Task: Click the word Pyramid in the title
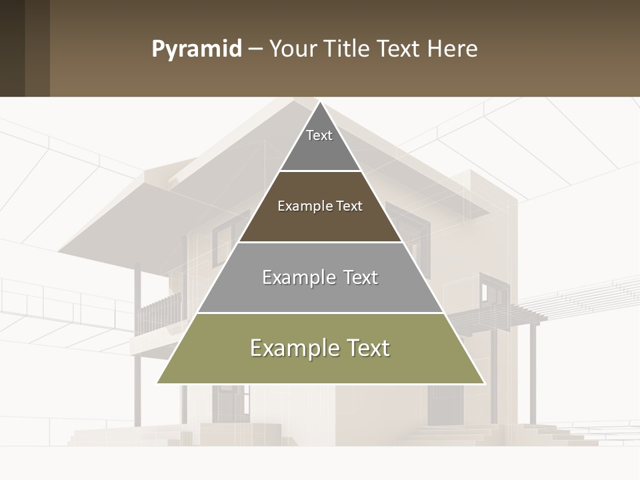point(197,49)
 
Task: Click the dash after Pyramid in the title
point(255,50)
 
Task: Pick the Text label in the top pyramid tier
point(319,135)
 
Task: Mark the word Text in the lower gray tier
point(361,277)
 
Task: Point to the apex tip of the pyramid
point(321,102)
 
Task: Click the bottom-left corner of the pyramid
point(158,383)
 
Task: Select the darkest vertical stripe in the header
point(12,48)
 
